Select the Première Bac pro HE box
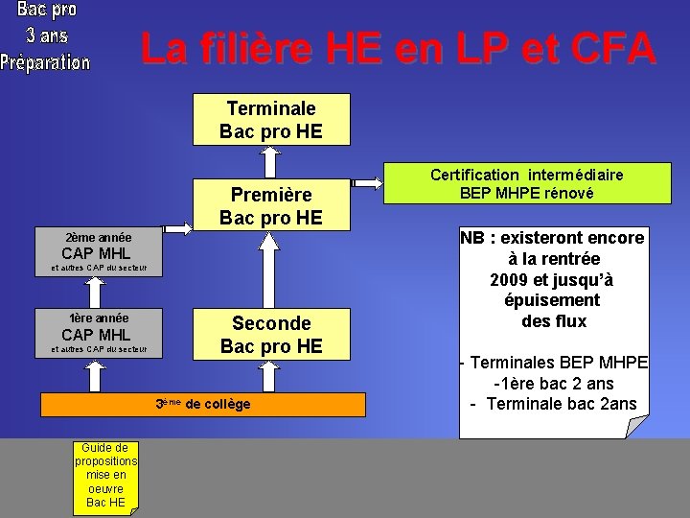[271, 205]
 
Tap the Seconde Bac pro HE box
[271, 333]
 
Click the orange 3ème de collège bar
[203, 404]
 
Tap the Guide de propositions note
[106, 475]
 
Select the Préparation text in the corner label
[46, 61]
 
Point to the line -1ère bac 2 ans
[554, 383]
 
